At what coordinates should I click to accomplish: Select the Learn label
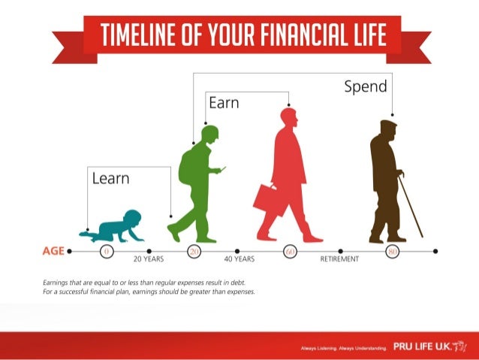coord(110,179)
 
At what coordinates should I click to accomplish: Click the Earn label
coord(224,103)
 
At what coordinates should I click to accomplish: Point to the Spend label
coord(366,86)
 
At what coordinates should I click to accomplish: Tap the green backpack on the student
coord(187,167)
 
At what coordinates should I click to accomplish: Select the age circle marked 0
coord(107,251)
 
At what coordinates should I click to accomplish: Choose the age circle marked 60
coord(290,251)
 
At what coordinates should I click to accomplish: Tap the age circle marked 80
coord(390,251)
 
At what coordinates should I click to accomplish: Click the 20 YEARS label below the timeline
coord(149,259)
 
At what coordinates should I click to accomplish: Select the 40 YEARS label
coord(239,259)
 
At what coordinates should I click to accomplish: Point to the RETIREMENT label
coord(339,259)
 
